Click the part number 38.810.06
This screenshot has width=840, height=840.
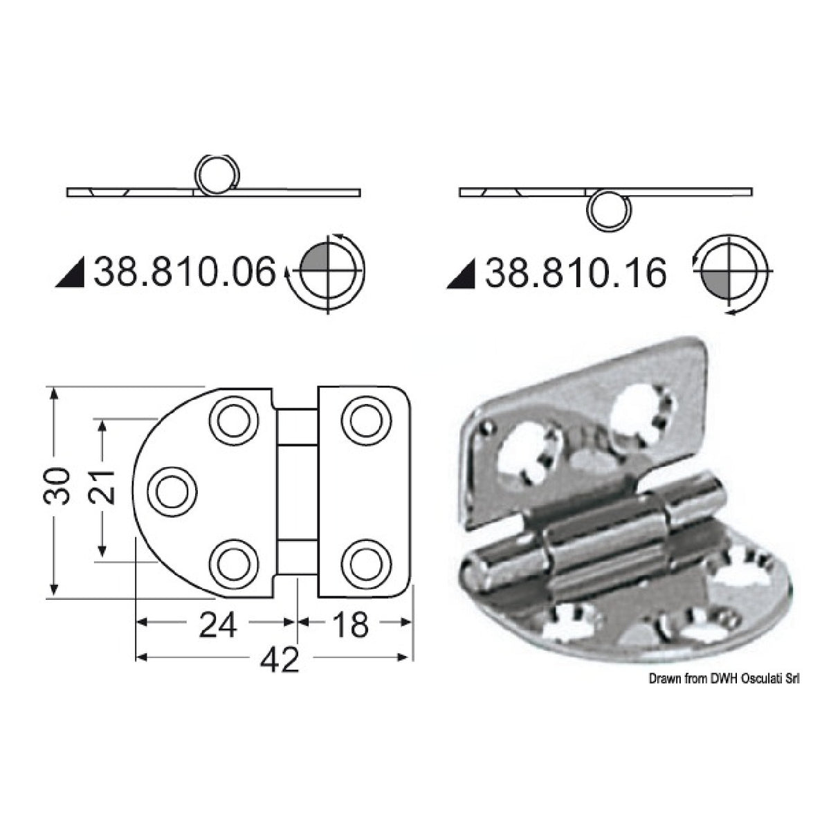[184, 272]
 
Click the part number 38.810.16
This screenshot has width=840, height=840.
[576, 273]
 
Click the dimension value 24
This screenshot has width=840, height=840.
[219, 626]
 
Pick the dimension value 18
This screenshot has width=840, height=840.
[350, 626]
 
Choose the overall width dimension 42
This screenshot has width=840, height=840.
[280, 661]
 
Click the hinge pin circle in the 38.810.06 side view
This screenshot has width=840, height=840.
[217, 173]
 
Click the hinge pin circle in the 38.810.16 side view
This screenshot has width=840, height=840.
[608, 210]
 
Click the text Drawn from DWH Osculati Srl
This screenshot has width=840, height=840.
[724, 679]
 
